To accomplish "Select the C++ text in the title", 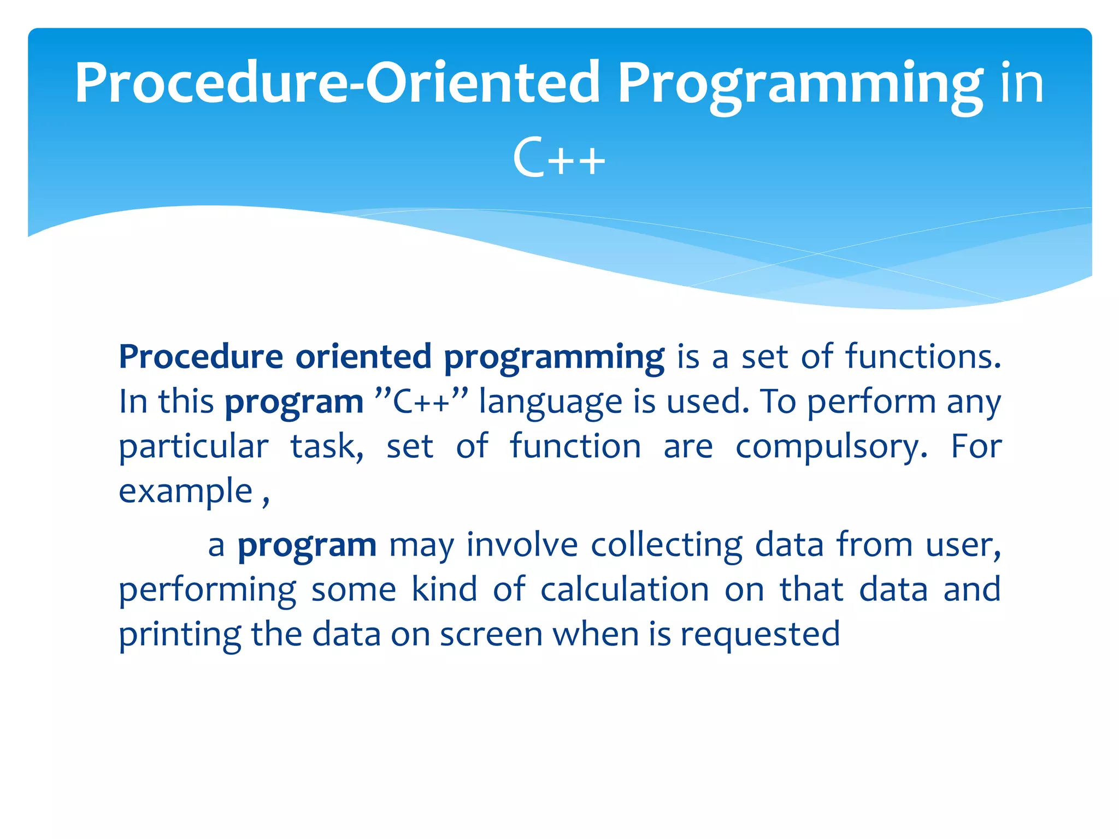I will [x=559, y=158].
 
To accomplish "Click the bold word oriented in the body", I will [x=363, y=357].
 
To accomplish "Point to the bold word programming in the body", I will [x=554, y=358].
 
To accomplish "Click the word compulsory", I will [x=831, y=447].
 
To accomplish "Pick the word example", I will [x=186, y=492].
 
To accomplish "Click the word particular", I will [x=193, y=447].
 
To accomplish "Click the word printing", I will [x=180, y=635].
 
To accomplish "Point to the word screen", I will [x=491, y=635].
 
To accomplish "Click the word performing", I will [x=208, y=590].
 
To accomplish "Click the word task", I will [x=326, y=446].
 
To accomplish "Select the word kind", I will [x=444, y=589].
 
